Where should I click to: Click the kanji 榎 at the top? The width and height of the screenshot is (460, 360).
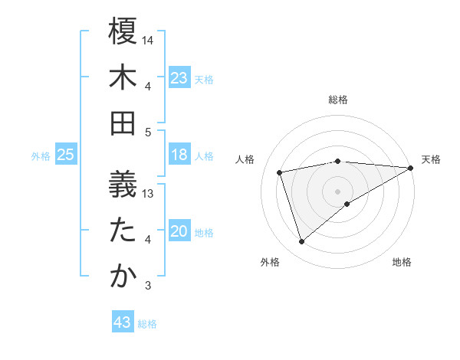123,33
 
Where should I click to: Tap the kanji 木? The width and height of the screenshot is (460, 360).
123,77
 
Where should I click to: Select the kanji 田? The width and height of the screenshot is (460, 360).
123,123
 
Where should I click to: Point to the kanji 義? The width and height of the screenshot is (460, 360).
123,185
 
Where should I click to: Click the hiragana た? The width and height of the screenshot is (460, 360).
123,231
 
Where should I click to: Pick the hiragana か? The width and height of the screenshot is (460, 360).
123,277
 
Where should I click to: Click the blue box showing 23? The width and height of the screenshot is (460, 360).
179,78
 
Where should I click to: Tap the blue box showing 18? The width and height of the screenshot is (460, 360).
179,155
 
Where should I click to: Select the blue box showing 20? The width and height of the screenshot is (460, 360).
179,232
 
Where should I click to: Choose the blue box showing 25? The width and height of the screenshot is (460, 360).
66,155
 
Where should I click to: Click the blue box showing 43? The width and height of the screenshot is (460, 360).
123,322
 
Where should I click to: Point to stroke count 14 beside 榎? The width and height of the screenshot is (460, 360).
149,40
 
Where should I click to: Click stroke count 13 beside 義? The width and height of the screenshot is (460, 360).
149,194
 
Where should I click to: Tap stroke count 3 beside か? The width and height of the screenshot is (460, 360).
149,286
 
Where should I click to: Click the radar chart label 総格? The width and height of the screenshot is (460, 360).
338,100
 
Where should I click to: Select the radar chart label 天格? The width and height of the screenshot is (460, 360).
431,159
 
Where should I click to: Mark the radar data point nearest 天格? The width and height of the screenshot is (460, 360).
411,168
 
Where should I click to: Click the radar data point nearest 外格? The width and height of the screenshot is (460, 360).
301,242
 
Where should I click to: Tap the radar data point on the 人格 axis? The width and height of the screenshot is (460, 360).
280,172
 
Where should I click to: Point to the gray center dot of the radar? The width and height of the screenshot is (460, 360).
338,191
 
